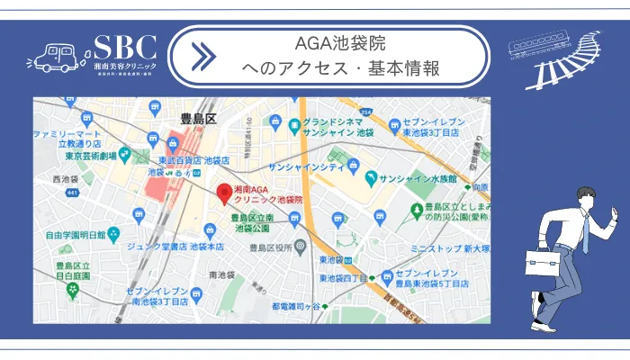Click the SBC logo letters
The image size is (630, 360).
[125, 47]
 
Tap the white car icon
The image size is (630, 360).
[55, 56]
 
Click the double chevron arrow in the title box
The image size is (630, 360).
[203, 56]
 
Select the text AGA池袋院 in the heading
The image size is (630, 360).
[341, 43]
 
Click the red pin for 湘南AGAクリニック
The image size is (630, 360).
[225, 193]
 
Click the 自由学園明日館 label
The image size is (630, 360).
[75, 236]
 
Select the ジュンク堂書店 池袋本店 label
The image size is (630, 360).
[187, 245]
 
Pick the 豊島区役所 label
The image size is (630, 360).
[274, 247]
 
